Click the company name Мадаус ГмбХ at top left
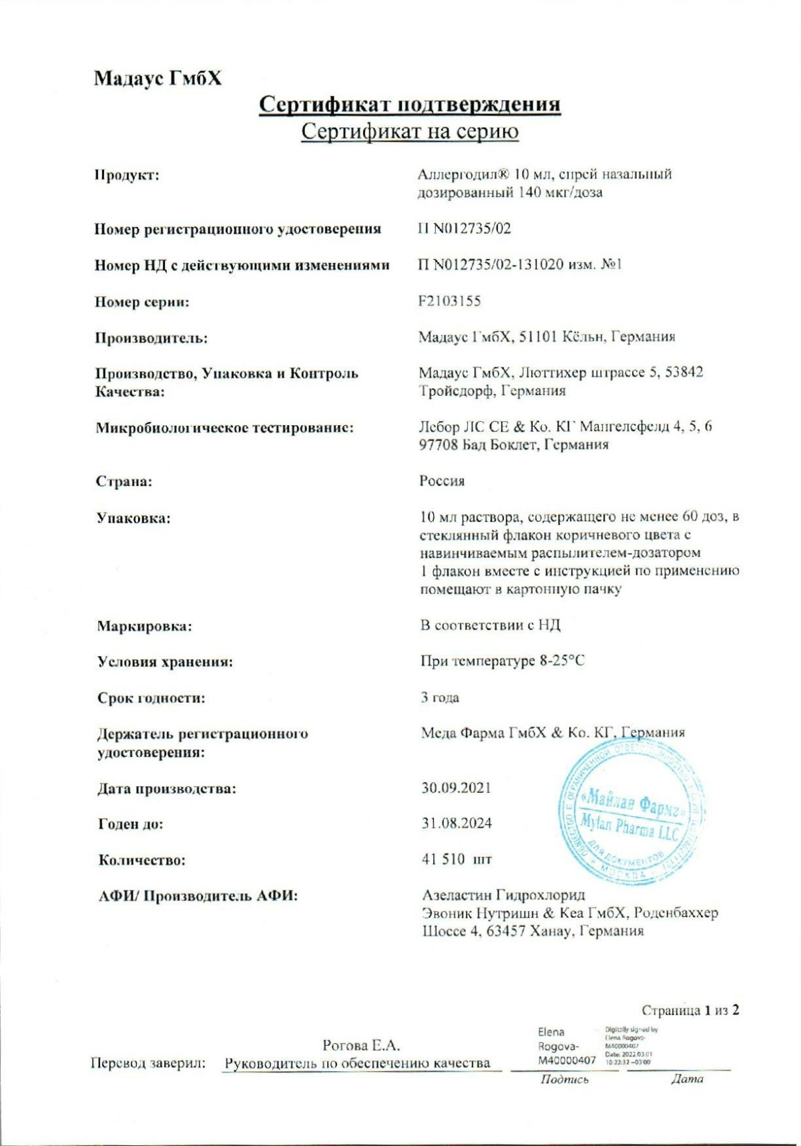(158, 79)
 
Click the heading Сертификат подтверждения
(409, 105)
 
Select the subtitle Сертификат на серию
(409, 131)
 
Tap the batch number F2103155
(449, 301)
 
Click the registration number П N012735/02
(464, 229)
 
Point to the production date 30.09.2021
(456, 788)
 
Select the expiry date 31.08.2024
(456, 824)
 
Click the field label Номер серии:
(142, 302)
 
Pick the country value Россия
(442, 481)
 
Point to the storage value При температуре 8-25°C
(502, 661)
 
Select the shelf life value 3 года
(440, 698)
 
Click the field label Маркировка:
(144, 627)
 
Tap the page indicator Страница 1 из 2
(690, 1010)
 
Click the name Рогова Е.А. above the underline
(361, 1045)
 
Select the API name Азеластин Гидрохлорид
(503, 895)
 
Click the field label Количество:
(142, 860)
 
